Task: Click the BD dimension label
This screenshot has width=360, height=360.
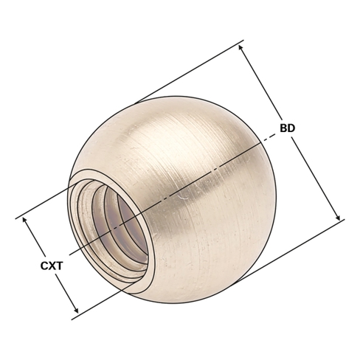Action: pos(287,128)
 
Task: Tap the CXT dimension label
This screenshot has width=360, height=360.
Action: pos(52,266)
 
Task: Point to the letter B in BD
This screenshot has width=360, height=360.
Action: pos(283,128)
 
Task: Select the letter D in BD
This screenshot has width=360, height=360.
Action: pos(291,128)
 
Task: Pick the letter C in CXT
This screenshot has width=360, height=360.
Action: pos(44,266)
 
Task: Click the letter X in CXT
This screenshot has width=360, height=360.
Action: pos(52,266)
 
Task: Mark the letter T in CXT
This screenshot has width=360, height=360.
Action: pos(60,266)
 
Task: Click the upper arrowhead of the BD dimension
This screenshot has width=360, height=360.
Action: pos(240,48)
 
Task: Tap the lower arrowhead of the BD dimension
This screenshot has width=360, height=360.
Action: pos(338,218)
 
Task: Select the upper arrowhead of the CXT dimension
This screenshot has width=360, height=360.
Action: pos(24,220)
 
